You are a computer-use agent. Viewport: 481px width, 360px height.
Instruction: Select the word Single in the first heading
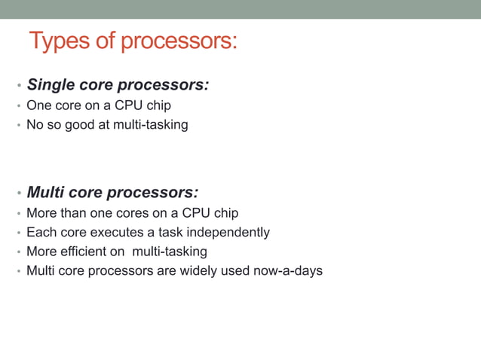[x=51, y=85]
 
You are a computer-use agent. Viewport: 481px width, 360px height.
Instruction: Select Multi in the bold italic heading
[x=46, y=193]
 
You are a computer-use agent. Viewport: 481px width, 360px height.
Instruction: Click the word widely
[x=196, y=270]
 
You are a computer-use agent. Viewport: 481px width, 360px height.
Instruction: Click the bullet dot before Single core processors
[x=19, y=86]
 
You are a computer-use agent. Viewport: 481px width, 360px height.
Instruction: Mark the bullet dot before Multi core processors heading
[x=19, y=194]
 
